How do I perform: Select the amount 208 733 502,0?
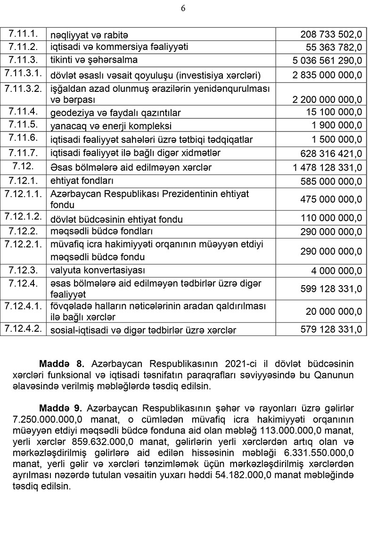tap(331, 34)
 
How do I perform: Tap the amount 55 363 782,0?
tap(334, 47)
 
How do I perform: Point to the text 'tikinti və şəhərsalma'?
tap(94, 60)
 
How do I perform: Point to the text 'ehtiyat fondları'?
tap(82, 181)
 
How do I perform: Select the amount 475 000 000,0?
tap(331, 199)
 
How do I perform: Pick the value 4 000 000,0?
tap(337, 271)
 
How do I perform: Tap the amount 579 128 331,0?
tap(331, 329)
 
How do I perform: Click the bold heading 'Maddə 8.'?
tap(62, 364)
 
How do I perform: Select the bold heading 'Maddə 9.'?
tap(62, 406)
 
